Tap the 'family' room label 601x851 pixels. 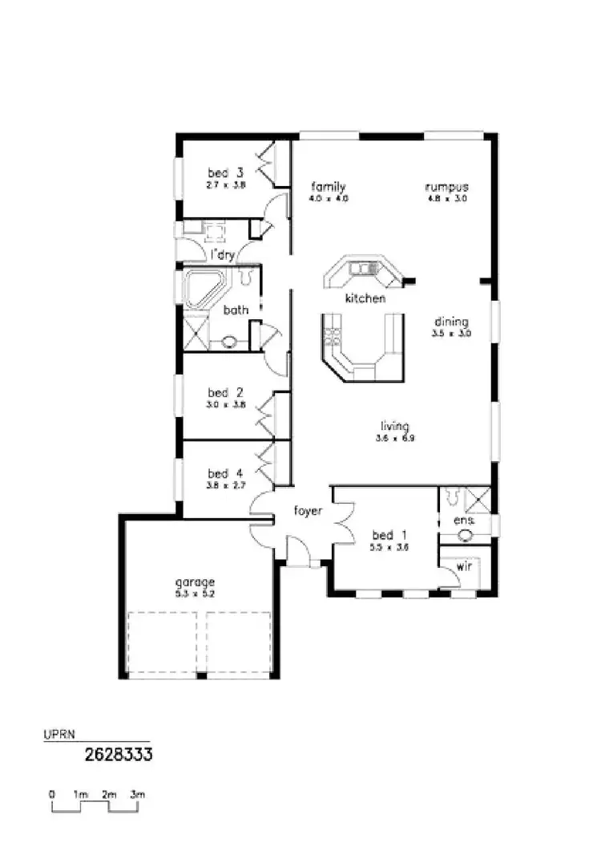click(x=329, y=187)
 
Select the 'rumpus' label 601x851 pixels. click(x=446, y=187)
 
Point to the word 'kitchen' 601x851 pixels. click(x=365, y=298)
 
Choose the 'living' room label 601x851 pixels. click(x=395, y=427)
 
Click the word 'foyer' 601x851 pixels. click(x=308, y=510)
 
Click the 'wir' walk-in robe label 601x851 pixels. click(x=464, y=565)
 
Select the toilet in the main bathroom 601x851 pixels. click(x=246, y=277)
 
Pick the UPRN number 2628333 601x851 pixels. click(x=119, y=754)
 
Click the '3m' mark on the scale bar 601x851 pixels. click(x=137, y=794)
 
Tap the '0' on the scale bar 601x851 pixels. click(x=52, y=794)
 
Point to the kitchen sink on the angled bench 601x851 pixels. click(x=364, y=268)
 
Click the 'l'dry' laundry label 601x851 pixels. click(x=222, y=255)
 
